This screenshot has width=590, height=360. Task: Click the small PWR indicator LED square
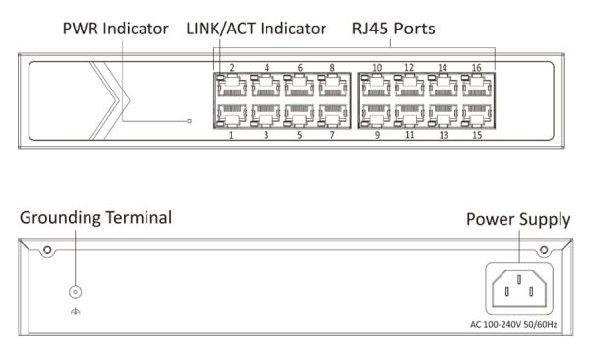[x=191, y=122]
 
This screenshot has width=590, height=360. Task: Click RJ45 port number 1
[x=231, y=115]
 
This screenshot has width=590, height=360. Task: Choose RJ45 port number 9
[x=377, y=115]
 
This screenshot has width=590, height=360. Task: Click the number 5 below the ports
[x=299, y=134]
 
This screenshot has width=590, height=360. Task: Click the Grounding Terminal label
[x=95, y=216]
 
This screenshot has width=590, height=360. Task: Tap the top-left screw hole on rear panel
[x=46, y=253]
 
